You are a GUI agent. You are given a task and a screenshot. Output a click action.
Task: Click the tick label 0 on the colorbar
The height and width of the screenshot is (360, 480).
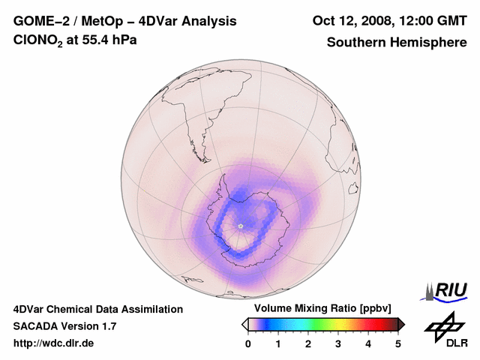pos(248,343)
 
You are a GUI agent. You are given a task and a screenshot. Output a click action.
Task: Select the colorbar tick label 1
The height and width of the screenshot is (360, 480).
pos(278,343)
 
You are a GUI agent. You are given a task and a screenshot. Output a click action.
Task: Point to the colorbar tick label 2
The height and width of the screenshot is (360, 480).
pos(308,343)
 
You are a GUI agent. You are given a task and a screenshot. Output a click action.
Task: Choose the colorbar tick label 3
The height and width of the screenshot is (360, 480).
pos(338,343)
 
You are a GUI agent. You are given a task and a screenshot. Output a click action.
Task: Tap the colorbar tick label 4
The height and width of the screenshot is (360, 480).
pos(368,343)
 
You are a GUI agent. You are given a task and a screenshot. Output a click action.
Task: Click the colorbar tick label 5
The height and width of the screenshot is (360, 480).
pos(398,343)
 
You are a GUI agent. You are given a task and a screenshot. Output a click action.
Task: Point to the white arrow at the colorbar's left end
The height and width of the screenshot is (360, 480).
pos(244,324)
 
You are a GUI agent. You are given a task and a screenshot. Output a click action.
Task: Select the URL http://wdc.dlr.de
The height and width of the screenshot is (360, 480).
pos(54,343)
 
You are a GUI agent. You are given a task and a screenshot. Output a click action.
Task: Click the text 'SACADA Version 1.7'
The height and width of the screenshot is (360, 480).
pos(64,326)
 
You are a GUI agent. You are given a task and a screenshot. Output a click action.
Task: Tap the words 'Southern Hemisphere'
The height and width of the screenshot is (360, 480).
pos(397,42)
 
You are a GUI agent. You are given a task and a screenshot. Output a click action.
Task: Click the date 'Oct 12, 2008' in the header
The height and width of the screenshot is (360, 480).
pos(348,20)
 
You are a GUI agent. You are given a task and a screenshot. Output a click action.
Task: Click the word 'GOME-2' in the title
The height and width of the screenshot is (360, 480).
pos(38,20)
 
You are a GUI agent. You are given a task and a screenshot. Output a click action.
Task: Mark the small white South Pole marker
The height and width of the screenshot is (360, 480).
pos(240,225)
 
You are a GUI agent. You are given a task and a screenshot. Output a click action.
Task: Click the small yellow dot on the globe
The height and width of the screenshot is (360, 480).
pos(144,190)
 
